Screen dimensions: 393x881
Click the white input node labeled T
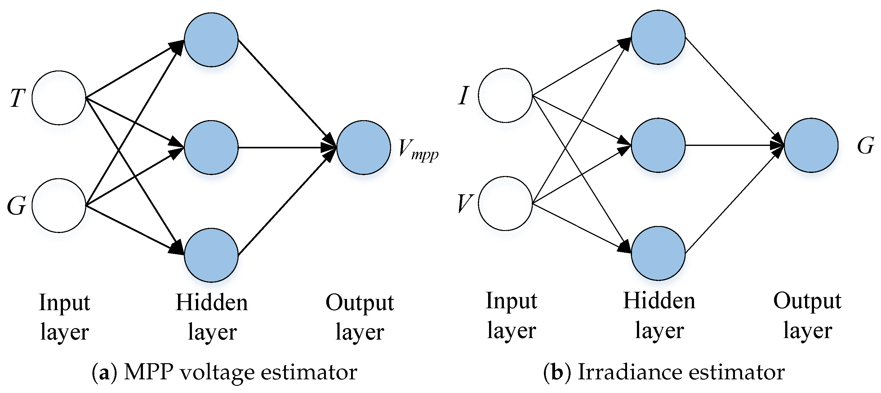click(x=59, y=97)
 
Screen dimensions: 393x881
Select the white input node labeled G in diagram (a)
click(x=59, y=206)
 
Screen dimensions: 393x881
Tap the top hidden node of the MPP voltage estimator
click(x=211, y=40)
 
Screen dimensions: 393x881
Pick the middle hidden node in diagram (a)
click(x=211, y=147)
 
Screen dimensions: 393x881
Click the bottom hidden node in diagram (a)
click(x=211, y=255)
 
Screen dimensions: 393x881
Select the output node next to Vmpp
click(x=363, y=147)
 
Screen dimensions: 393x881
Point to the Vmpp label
click(x=418, y=151)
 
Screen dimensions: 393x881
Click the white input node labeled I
click(x=505, y=95)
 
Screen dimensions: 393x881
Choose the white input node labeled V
click(x=505, y=203)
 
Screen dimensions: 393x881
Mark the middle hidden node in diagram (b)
click(x=658, y=145)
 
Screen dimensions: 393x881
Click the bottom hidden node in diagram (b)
click(x=658, y=253)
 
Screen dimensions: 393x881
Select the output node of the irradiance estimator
click(x=811, y=145)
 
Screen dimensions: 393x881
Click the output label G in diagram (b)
click(x=865, y=146)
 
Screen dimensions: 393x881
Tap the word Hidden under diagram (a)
click(x=212, y=303)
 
